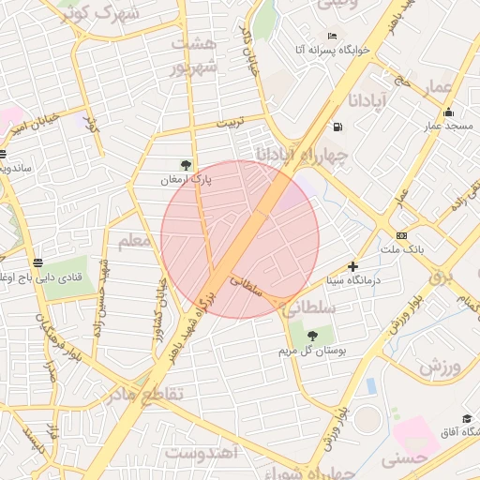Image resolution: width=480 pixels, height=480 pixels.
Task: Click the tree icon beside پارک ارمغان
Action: pos(187,165)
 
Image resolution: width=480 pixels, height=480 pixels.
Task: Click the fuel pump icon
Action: pos(336,127)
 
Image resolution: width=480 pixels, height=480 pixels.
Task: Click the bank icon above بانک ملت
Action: pos(402,235)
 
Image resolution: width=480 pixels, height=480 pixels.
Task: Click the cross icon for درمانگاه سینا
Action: pos(352,266)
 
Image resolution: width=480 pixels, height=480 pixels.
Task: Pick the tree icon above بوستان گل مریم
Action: pos(312,336)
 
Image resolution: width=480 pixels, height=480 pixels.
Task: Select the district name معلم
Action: pos(135,241)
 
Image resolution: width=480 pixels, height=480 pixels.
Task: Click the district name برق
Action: pos(442,277)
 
